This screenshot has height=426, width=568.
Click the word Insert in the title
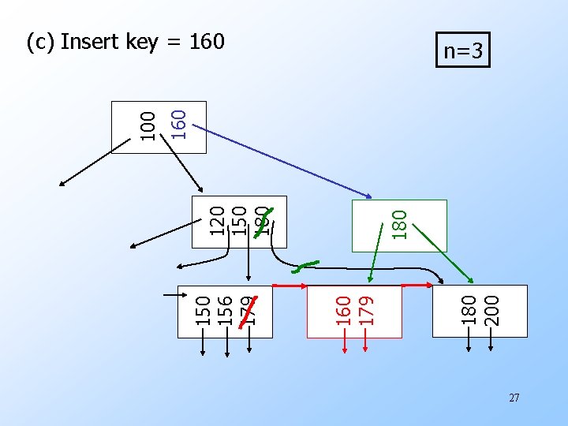tap(90, 41)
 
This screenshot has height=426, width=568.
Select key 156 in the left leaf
tap(225, 310)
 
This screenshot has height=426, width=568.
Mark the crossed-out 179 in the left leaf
tap(248, 310)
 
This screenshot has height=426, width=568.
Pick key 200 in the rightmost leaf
tap(491, 310)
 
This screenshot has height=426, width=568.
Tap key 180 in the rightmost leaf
tap(469, 310)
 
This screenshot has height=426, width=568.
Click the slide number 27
tap(514, 398)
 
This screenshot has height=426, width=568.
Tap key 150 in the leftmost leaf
tap(203, 310)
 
